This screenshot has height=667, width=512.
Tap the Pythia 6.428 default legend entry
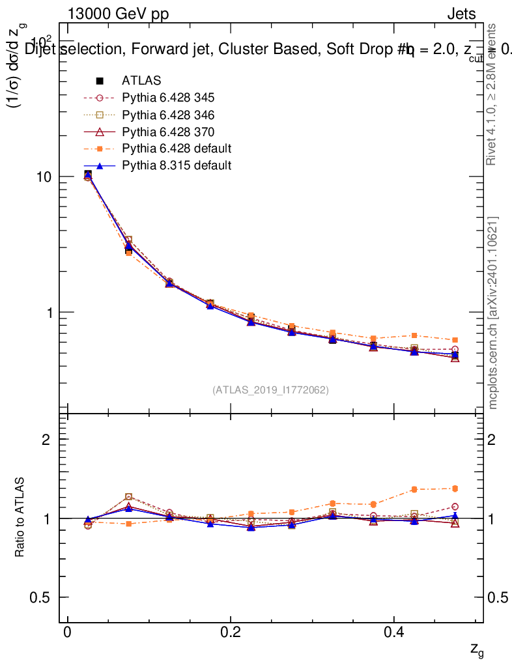click(176, 149)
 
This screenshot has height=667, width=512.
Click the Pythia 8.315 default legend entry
click(176, 165)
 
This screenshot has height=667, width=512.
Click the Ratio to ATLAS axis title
click(20, 518)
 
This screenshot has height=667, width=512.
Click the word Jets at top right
click(461, 14)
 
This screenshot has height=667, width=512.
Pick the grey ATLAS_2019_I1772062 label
click(270, 390)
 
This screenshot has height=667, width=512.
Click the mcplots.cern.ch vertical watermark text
click(494, 313)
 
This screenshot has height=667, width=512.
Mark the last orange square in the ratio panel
click(455, 489)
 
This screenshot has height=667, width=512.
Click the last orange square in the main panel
click(455, 340)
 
